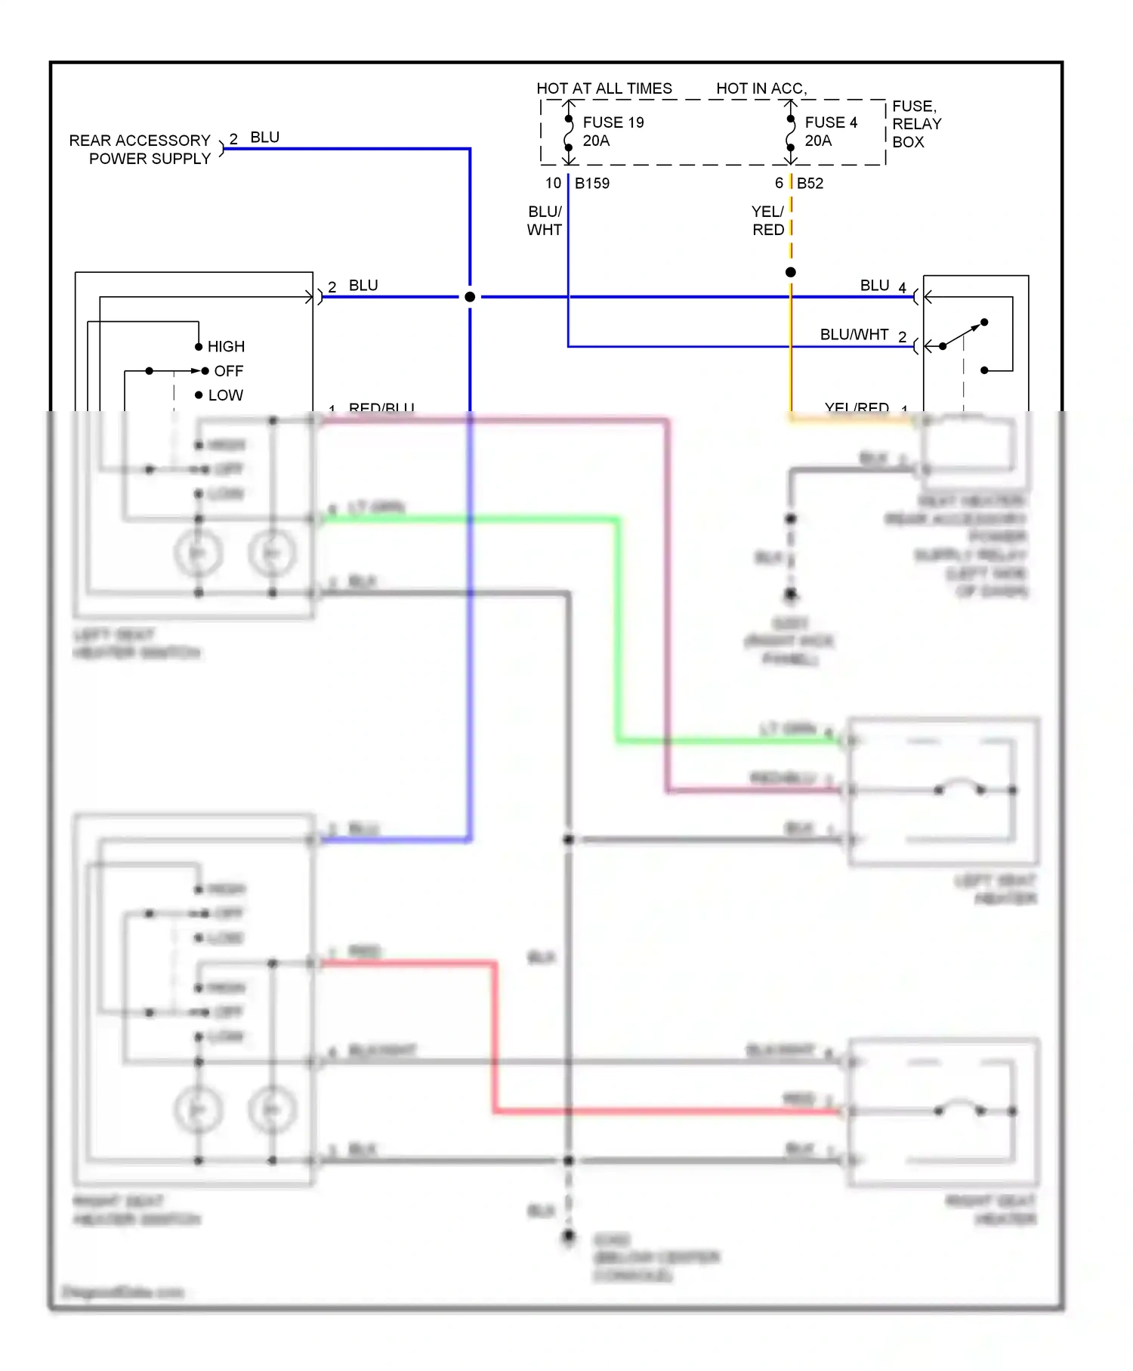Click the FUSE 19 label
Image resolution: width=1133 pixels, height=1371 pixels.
(613, 122)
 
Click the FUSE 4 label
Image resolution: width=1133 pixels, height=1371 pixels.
(830, 122)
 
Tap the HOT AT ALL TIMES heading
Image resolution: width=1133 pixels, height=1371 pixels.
(604, 88)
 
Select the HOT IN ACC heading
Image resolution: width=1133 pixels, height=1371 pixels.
(761, 88)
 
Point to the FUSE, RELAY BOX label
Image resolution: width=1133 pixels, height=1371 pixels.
(916, 124)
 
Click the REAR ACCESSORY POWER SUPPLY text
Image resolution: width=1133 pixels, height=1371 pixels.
(140, 150)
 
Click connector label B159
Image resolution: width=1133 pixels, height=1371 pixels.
(591, 183)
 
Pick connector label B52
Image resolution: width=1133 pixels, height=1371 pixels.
(810, 183)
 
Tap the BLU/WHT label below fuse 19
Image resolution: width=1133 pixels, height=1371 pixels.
(544, 221)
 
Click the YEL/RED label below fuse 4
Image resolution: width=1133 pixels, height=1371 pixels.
(767, 221)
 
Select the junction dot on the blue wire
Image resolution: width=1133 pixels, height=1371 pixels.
(470, 297)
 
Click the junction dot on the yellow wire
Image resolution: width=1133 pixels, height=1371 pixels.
(790, 272)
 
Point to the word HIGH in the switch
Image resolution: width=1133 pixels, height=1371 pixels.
(226, 346)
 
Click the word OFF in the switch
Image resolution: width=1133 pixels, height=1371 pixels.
(228, 371)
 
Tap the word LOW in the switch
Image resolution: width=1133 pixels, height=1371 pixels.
(225, 395)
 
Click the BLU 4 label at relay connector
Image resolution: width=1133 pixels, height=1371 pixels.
(882, 286)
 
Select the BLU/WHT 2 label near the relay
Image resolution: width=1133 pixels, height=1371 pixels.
(863, 335)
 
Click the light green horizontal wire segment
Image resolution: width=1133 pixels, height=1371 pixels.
(468, 519)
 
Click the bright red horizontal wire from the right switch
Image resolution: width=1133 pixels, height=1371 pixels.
(408, 963)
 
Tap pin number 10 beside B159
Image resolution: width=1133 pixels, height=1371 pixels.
(553, 183)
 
